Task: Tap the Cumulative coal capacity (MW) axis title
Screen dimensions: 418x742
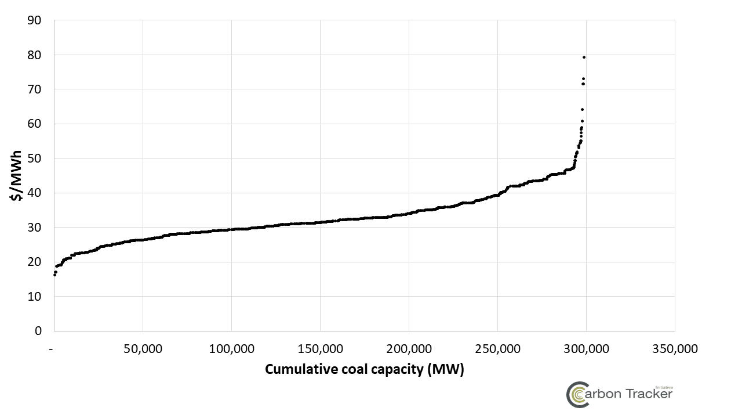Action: pos(365,370)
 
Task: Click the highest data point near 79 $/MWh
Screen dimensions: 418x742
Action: pos(584,57)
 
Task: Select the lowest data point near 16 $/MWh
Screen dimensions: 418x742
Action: pos(54,275)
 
